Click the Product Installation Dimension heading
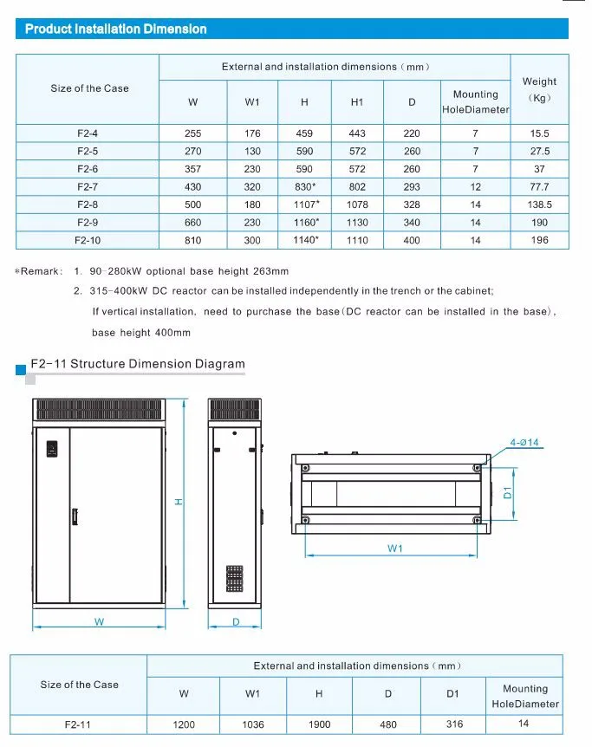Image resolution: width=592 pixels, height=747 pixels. [115, 29]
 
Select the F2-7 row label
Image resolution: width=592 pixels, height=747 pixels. [88, 187]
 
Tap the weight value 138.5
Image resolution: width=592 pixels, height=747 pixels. [540, 205]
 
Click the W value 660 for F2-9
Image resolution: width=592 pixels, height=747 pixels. [192, 223]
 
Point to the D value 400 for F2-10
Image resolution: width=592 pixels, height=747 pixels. [412, 240]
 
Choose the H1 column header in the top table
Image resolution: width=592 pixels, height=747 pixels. [357, 102]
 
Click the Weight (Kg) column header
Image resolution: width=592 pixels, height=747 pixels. [540, 89]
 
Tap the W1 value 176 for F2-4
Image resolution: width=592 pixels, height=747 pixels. [252, 133]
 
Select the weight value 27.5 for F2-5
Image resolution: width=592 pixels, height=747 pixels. [540, 151]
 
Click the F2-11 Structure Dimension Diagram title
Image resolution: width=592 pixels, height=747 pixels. [138, 364]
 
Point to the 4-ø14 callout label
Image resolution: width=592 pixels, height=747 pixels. [524, 443]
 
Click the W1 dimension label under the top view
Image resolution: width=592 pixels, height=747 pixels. [396, 548]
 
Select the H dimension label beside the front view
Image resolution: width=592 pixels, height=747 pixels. [178, 502]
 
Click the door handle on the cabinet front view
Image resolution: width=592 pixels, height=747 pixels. [75, 516]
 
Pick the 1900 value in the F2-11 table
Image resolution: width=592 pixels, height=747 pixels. [319, 724]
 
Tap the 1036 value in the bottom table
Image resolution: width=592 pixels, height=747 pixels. [252, 724]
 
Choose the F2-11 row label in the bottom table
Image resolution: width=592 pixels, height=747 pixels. [79, 724]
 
